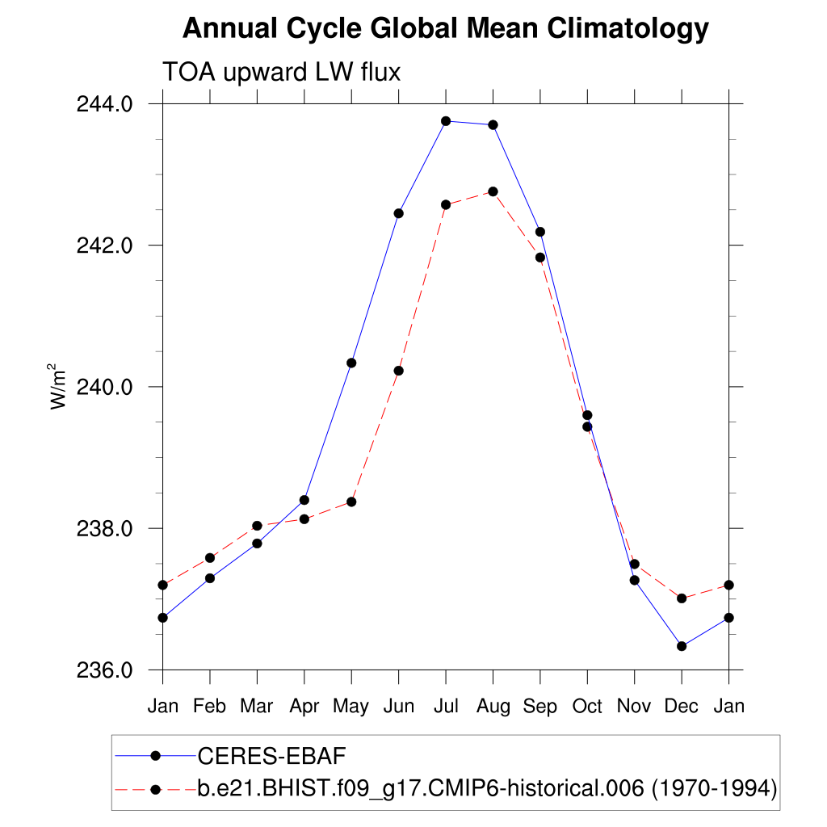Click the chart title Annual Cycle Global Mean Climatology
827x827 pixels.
[445, 29]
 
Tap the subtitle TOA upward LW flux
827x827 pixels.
[282, 73]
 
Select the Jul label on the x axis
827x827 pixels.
[446, 707]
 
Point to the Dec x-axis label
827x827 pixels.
[682, 707]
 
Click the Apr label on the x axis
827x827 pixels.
[304, 707]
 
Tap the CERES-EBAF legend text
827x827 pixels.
[271, 756]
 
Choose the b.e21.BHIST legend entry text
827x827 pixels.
[487, 787]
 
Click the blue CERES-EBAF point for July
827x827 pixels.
[446, 121]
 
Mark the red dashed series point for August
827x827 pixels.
[493, 191]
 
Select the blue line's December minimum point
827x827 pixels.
[682, 646]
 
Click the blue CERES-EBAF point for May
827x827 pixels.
[351, 363]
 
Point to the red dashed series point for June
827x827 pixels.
[398, 371]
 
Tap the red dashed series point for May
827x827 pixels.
[351, 502]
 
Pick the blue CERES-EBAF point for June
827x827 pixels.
[398, 213]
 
